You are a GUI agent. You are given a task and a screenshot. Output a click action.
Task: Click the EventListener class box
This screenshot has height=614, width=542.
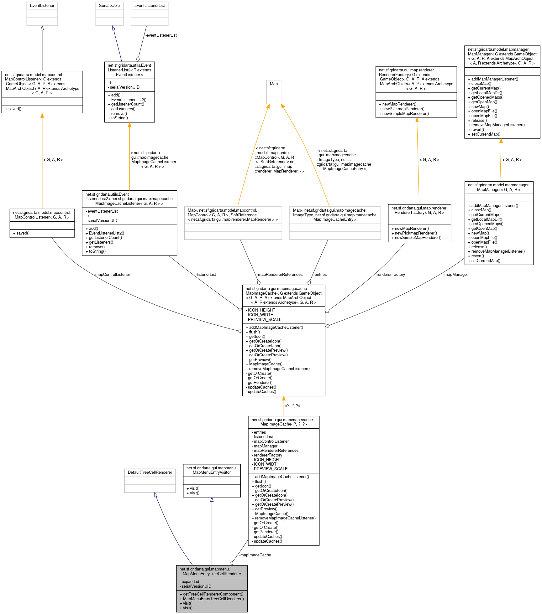pos(42,13)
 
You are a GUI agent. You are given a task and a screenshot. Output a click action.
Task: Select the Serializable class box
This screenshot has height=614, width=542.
pos(109,13)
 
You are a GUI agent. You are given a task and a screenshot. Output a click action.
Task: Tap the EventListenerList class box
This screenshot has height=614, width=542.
pos(150,13)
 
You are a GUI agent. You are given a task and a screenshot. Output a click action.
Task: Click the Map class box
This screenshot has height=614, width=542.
pos(274,92)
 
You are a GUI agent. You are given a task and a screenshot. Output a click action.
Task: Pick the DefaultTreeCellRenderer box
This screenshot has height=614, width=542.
pos(150,480)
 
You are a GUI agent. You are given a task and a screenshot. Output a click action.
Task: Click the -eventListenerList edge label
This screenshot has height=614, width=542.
pos(161,35)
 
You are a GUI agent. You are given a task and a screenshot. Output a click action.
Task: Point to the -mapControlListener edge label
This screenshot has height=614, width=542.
pos(112,275)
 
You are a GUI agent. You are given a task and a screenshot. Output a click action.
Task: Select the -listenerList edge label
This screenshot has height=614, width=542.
pos(206,275)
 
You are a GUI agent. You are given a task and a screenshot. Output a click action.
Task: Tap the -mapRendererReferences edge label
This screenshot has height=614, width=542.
pos(280,275)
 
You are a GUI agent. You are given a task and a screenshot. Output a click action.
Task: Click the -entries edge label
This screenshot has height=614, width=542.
pos(320,275)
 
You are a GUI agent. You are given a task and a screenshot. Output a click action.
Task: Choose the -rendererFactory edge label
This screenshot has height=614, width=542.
pos(391,275)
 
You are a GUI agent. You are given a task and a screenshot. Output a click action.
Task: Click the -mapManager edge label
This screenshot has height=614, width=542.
pos(456,275)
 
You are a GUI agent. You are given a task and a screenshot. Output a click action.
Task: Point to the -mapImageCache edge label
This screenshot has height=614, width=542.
pos(255,555)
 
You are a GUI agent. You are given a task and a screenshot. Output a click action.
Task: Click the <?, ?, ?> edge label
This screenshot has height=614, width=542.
pos(292,406)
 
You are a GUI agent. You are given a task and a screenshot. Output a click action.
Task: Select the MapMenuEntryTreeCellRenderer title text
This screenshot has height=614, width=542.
pos(212,571)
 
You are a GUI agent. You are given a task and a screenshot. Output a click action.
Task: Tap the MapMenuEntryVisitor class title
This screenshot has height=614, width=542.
pos(212,470)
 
